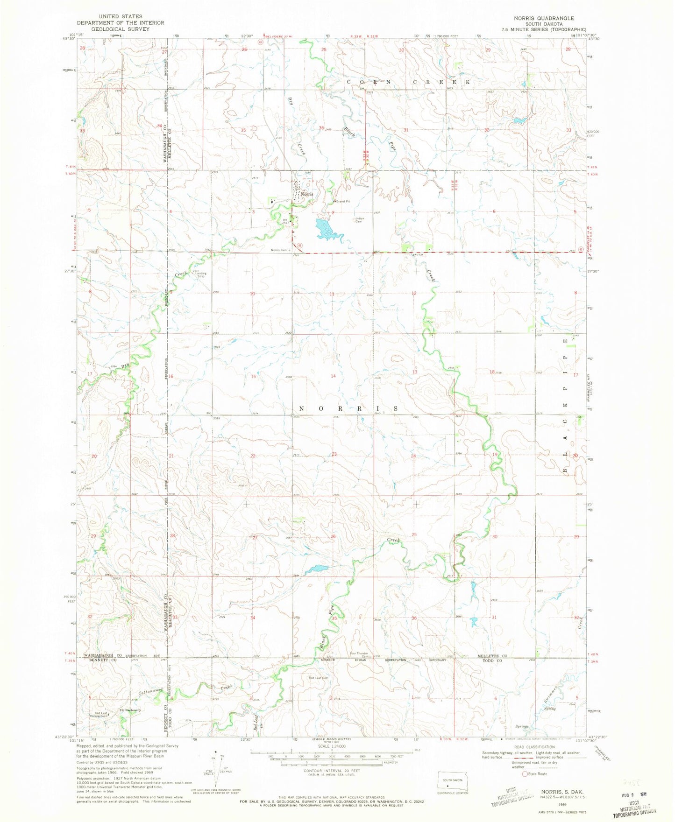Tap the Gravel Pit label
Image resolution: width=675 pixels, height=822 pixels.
tap(343, 202)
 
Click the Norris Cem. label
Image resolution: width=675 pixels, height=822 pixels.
tap(279, 250)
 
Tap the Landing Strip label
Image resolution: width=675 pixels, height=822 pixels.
tap(201, 275)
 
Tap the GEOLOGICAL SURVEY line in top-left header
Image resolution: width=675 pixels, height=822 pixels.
tap(121, 29)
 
